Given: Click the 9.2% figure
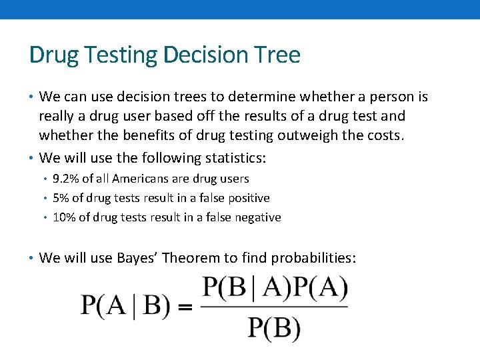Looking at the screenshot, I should pos(64,179).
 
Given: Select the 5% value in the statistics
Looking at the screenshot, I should pos(61,198).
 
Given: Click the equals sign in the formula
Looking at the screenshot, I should pos(185,307).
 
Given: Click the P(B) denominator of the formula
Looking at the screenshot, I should pos(273,327).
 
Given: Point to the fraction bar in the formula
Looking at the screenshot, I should pos(273,307).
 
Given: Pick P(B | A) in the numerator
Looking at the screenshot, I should pos(245,287).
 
